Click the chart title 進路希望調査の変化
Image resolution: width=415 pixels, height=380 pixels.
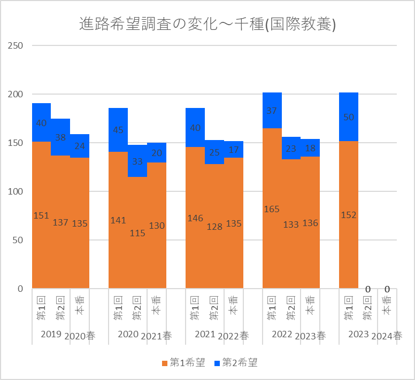click(207, 24)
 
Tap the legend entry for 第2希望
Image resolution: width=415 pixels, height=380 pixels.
click(235, 363)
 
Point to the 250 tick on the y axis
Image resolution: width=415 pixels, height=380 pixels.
click(16, 45)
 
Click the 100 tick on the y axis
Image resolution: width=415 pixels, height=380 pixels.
click(16, 191)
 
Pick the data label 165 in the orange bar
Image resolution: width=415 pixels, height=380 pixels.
click(272, 209)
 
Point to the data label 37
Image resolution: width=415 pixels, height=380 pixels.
click(272, 111)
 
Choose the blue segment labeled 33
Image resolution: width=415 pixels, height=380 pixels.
click(137, 161)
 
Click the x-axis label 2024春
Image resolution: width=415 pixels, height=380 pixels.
click(388, 336)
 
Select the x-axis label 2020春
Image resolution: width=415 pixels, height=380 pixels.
click(80, 336)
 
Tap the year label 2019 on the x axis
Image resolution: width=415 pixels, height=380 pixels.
click(51, 335)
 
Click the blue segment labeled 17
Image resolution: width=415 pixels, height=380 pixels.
click(234, 150)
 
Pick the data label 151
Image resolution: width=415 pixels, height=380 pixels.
click(41, 215)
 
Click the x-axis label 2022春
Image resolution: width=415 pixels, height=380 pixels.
click(234, 336)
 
